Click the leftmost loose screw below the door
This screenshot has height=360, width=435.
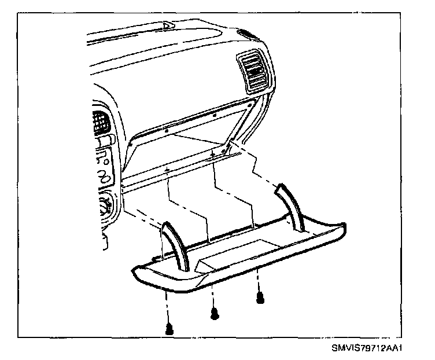(169, 329)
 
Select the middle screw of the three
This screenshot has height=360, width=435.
(215, 314)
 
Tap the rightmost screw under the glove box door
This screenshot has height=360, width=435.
(260, 297)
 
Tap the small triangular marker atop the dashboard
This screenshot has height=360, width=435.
(168, 25)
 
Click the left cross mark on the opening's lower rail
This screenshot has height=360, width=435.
(167, 170)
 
